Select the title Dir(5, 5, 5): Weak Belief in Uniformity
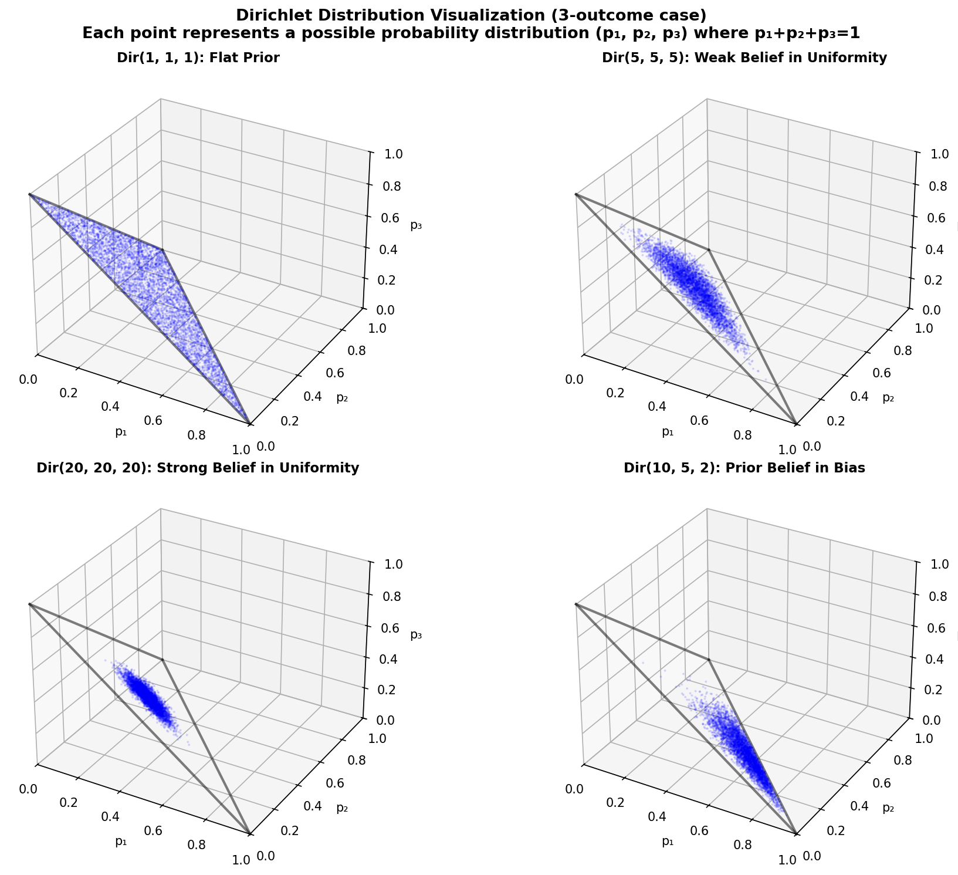pyautogui.click(x=744, y=58)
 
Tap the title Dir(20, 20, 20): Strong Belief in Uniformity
pyautogui.click(x=197, y=468)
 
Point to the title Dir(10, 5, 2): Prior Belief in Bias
pyautogui.click(x=744, y=468)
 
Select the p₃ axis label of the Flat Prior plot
pyautogui.click(x=416, y=225)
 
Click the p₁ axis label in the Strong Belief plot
pyautogui.click(x=121, y=841)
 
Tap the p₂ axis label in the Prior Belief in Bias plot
pyautogui.click(x=888, y=808)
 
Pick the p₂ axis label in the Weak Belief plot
pyautogui.click(x=888, y=397)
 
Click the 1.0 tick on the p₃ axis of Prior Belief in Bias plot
pyautogui.click(x=935, y=565)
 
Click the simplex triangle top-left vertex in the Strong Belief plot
pyautogui.click(x=29, y=603)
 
